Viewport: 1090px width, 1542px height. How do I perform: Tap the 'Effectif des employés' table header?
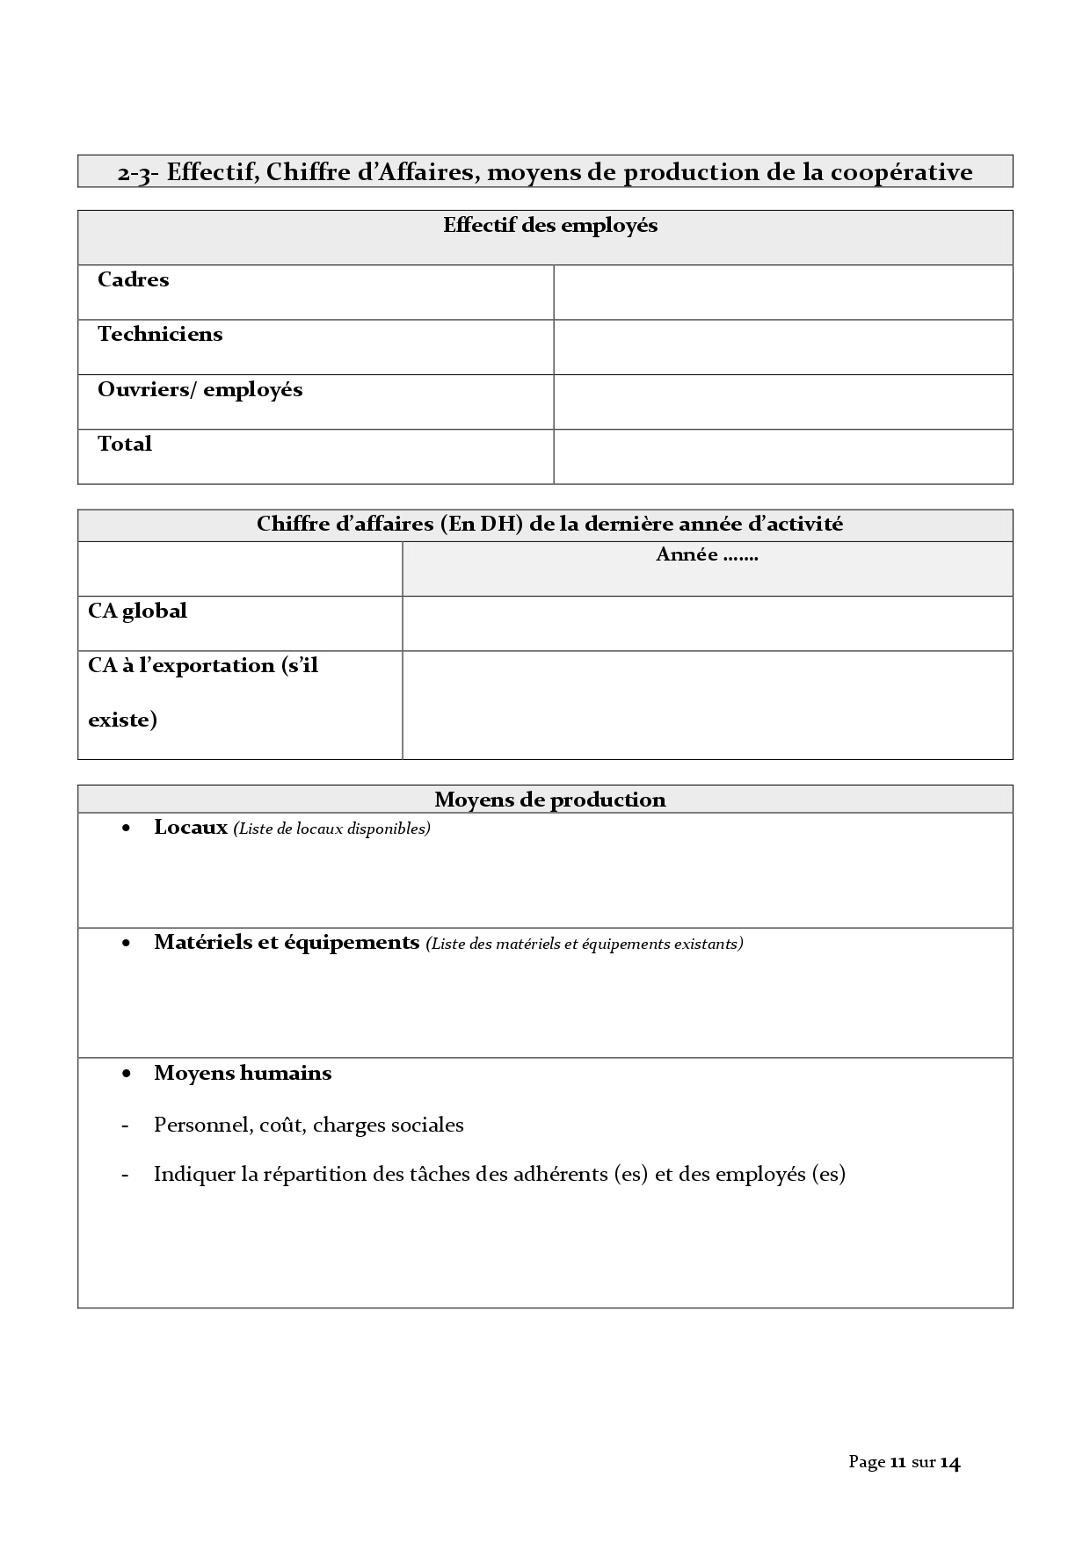(550, 226)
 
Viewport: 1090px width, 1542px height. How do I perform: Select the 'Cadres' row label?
(133, 280)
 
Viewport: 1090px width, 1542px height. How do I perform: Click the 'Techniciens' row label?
(160, 335)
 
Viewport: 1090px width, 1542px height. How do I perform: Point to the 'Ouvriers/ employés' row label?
(200, 390)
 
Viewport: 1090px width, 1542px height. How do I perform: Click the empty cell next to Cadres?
(782, 293)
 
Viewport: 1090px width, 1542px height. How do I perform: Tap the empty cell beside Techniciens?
(782, 347)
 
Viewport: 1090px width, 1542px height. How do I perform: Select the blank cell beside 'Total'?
(782, 456)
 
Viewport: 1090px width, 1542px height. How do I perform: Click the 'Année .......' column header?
(707, 555)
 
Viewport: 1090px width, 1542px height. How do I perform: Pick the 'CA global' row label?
(137, 611)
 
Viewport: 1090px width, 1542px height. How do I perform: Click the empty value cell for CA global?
(707, 624)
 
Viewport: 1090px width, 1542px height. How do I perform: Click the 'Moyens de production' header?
(550, 800)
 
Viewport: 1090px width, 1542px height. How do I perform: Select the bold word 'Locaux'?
(191, 828)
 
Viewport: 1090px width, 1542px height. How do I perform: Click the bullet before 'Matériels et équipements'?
(127, 944)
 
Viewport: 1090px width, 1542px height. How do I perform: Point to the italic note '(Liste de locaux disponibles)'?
(331, 829)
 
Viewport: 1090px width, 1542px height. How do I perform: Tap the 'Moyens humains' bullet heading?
(243, 1074)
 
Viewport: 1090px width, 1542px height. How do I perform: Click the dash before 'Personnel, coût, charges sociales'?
(126, 1126)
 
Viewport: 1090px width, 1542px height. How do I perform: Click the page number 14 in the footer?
(950, 1462)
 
